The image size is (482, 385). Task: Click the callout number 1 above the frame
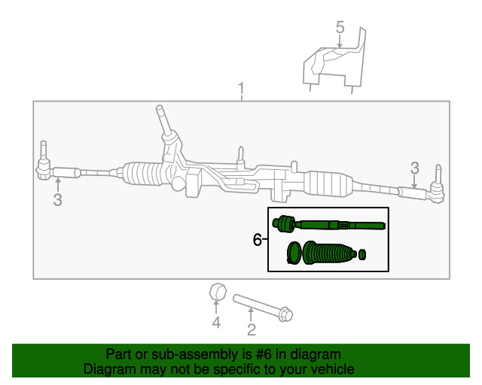[x=241, y=89]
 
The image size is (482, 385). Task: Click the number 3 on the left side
[x=57, y=199]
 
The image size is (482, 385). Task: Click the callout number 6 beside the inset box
[x=258, y=240]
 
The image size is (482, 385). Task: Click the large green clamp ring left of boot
[x=294, y=253]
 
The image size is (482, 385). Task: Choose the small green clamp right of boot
[x=362, y=253]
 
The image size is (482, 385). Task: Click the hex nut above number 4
[x=215, y=291]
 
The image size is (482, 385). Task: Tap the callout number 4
[x=216, y=323]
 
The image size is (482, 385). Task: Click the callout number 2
[x=252, y=329]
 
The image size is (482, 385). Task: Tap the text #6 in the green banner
[x=268, y=354]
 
